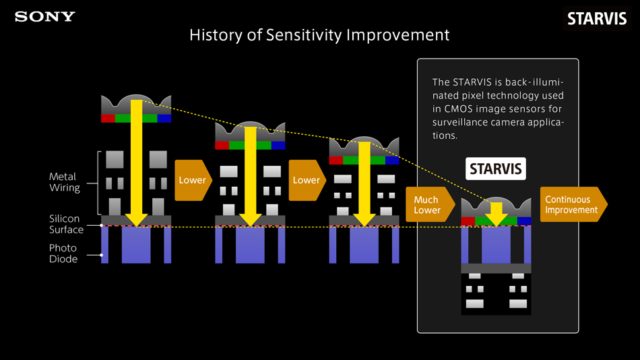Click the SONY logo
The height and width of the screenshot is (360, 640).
(45, 17)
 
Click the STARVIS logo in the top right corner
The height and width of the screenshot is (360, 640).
(597, 19)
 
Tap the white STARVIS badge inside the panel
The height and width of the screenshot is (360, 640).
(496, 169)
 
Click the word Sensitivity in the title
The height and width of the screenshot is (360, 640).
(302, 34)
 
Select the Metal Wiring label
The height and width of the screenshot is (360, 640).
(64, 182)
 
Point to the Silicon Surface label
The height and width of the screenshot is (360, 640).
(66, 224)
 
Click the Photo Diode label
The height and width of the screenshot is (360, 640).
(63, 253)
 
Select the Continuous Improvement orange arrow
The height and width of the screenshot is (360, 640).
(573, 204)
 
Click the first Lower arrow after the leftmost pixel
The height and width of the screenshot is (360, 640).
(193, 180)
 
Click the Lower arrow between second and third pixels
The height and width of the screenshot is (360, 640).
(307, 180)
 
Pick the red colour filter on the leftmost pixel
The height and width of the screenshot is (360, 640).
(108, 118)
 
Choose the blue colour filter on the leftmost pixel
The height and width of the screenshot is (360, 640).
(164, 118)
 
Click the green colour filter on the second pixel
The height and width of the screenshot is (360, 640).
(250, 145)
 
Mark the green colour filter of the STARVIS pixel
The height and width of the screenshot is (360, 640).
(497, 220)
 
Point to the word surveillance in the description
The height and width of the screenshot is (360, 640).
(463, 122)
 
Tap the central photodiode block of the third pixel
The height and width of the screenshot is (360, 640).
(364, 245)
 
